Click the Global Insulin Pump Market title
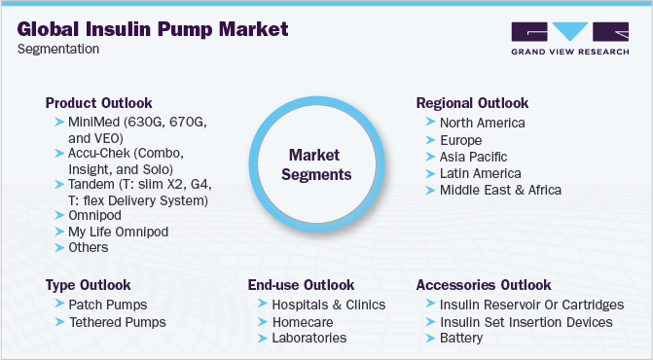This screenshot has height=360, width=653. click(x=154, y=29)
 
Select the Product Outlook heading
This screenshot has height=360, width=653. click(x=98, y=103)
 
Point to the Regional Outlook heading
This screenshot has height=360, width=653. click(x=472, y=103)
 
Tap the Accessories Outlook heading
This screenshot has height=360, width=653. click(x=483, y=285)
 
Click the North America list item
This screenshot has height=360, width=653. click(x=482, y=123)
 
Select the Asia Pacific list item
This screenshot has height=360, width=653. click(x=473, y=156)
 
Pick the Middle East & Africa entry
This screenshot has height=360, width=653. click(x=500, y=189)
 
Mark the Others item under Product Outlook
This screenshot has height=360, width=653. click(x=88, y=247)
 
